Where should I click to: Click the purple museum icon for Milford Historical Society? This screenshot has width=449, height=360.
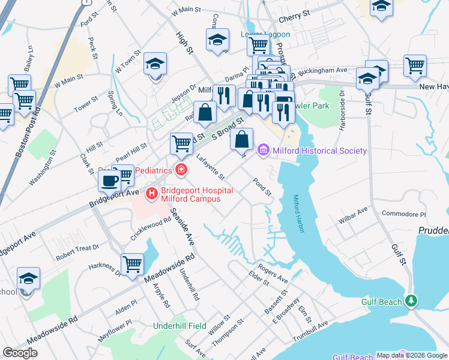click(x=263, y=150)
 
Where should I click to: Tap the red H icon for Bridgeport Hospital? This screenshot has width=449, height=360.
click(x=152, y=193)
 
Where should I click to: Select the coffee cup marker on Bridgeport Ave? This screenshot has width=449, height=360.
click(x=109, y=180)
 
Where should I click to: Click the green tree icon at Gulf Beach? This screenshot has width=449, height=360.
click(x=411, y=301)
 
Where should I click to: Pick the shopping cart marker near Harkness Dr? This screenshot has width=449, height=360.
click(x=132, y=263)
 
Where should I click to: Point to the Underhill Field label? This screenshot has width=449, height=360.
click(x=179, y=326)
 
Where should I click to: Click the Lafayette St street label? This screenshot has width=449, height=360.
click(x=210, y=167)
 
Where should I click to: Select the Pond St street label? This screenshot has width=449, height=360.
click(x=263, y=187)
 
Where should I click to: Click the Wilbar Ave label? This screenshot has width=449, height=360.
click(x=352, y=215)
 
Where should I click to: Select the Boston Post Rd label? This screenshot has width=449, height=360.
click(x=28, y=133)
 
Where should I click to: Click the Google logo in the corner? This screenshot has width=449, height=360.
click(x=20, y=353)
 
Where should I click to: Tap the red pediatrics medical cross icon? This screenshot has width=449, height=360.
click(x=181, y=170)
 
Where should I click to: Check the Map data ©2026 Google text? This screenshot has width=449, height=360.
click(x=411, y=355)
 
